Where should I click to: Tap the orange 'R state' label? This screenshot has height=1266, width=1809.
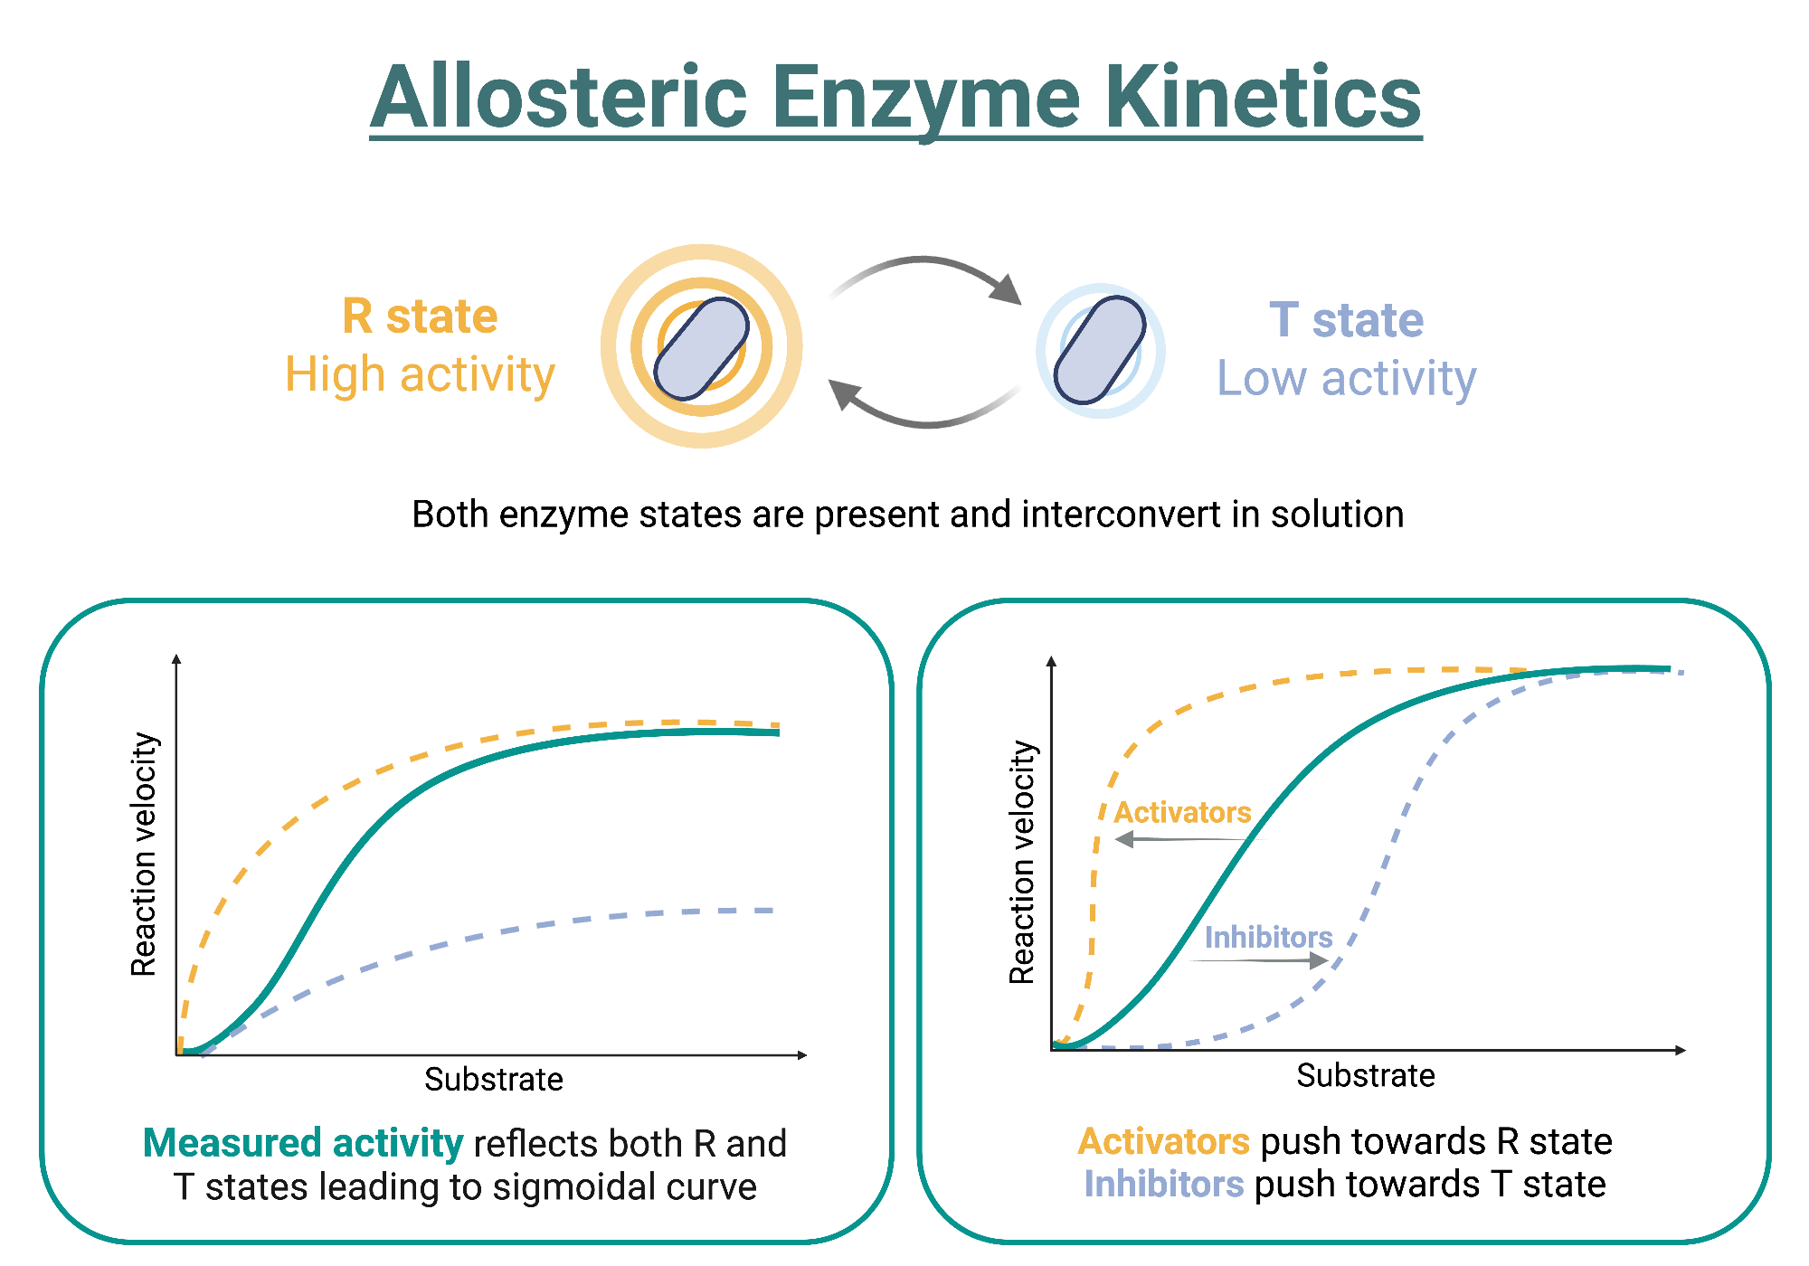[x=420, y=316]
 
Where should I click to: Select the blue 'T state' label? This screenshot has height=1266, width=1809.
[x=1346, y=320]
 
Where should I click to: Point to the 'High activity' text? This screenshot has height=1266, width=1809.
[x=420, y=374]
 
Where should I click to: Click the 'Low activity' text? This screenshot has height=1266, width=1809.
[x=1346, y=378]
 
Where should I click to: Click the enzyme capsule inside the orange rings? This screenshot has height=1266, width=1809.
[x=701, y=348]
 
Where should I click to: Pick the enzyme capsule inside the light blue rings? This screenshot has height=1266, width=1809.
[x=1100, y=350]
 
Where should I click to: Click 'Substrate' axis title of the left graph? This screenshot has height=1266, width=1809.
[x=494, y=1080]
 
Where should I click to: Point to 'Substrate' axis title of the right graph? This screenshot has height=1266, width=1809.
[x=1365, y=1076]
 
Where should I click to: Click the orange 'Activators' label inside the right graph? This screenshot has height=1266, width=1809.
[x=1182, y=812]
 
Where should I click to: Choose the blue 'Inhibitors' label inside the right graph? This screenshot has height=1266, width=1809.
[x=1268, y=938]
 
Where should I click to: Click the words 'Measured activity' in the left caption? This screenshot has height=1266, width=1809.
[x=303, y=1144]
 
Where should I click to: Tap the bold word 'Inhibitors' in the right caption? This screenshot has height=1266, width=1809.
[x=1164, y=1185]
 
